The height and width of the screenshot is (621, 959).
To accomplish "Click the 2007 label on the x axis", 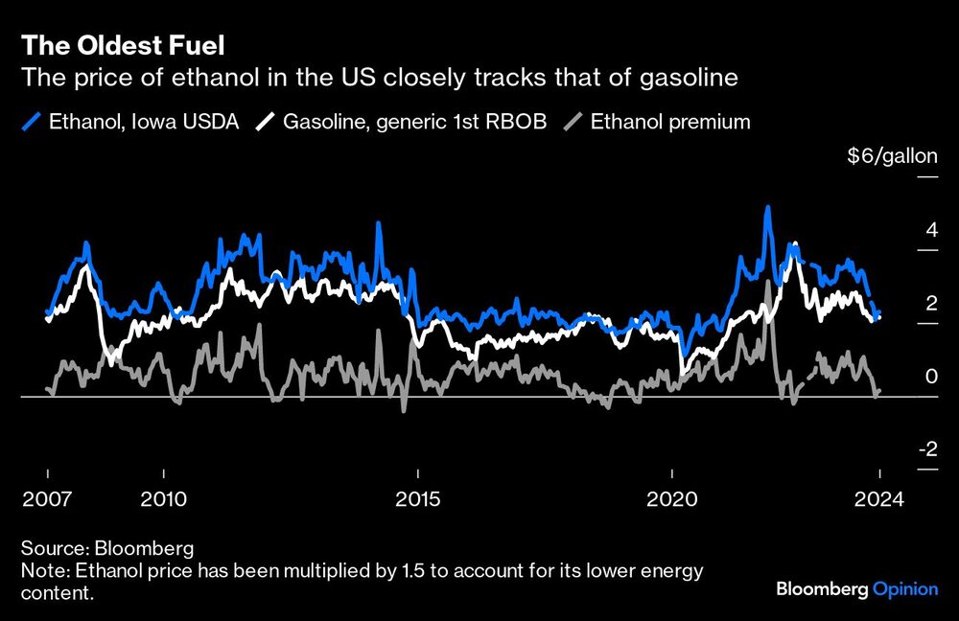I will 47,499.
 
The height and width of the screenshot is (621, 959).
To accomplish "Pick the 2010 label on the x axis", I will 164,499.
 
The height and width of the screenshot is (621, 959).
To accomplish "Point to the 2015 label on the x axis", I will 418,499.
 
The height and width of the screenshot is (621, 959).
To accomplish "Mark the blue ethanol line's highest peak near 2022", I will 767,208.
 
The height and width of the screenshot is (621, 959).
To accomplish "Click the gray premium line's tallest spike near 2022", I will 769,282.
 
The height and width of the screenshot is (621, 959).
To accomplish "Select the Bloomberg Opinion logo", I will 856,589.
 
